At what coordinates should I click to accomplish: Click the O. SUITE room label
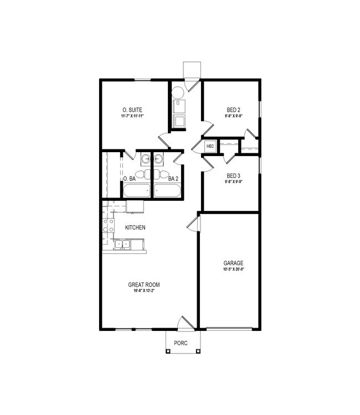(x=133, y=110)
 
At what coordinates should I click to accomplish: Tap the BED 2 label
(x=233, y=110)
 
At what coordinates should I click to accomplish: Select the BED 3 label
(x=233, y=176)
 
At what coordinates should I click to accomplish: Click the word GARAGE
(x=233, y=263)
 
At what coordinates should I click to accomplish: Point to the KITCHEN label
(x=135, y=227)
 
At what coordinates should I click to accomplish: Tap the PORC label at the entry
(x=181, y=343)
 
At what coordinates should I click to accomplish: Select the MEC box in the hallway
(x=210, y=146)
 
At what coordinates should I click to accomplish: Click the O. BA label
(x=129, y=179)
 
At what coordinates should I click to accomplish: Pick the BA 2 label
(x=173, y=179)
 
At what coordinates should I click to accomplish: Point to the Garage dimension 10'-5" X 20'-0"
(x=233, y=269)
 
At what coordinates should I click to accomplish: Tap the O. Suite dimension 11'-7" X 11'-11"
(x=133, y=116)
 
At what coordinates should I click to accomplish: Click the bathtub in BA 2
(x=168, y=191)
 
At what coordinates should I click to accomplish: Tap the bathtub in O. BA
(x=136, y=191)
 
